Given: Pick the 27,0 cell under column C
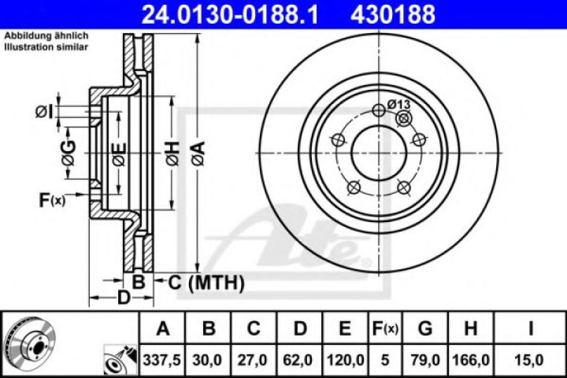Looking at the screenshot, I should point(254,360).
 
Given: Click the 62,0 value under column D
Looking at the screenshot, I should point(300,360).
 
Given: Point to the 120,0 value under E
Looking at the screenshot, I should point(344,360).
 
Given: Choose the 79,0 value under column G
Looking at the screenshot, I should point(425,360).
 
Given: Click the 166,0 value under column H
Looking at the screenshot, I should point(470,360).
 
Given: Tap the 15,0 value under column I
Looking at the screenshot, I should point(531,360).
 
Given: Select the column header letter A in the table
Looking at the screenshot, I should point(163,329).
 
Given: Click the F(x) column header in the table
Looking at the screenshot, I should point(384,329).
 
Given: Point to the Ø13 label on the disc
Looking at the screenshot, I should point(399,104).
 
